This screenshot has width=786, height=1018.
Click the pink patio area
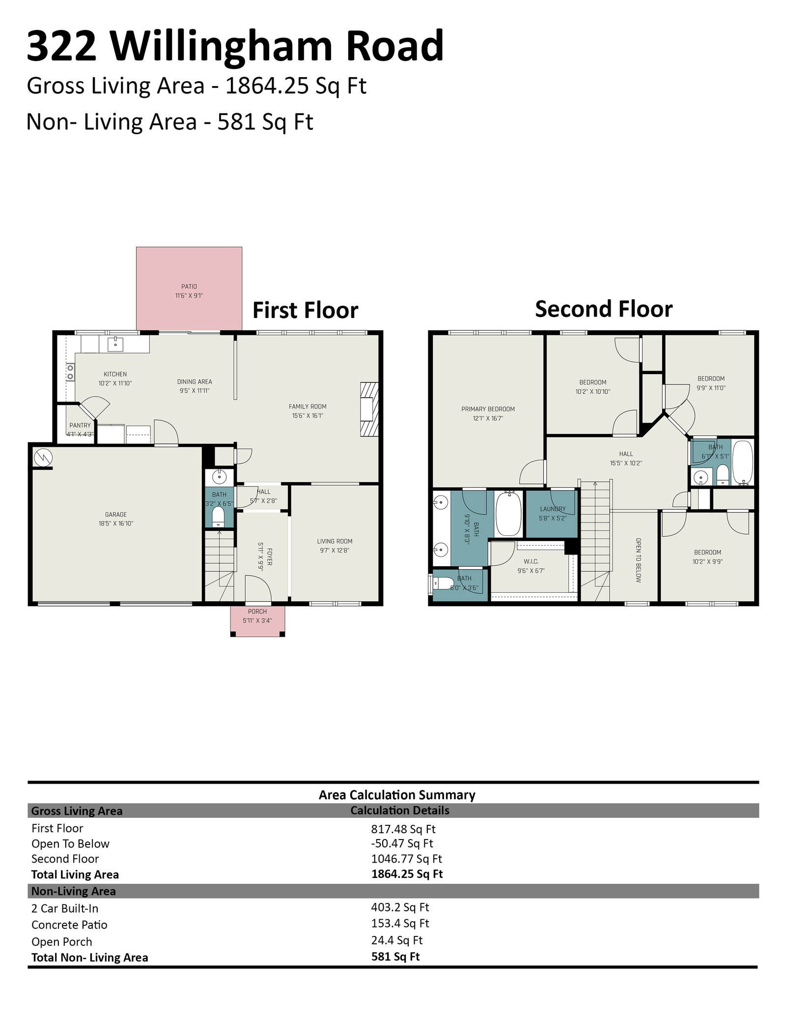point(189,289)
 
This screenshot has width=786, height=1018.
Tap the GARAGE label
point(116,515)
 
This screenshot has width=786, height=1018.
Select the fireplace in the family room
point(370,409)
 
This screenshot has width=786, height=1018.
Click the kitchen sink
point(115,344)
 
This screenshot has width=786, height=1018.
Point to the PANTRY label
point(80,425)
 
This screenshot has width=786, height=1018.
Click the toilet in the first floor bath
point(218,517)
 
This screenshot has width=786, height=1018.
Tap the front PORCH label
point(257,611)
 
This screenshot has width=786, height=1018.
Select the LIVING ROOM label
point(335,541)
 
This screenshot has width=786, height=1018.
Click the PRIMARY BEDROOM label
point(488,409)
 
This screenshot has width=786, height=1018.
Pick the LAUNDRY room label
point(553,509)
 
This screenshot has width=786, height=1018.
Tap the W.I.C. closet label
point(531,561)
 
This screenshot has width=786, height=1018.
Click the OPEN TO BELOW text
point(638,560)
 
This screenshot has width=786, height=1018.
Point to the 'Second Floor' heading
point(604,309)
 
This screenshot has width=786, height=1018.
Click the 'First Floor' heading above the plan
point(305,311)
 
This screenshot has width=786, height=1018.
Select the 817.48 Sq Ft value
point(403,829)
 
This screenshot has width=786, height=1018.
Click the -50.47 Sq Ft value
point(402,843)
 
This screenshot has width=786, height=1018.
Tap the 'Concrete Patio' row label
point(69,925)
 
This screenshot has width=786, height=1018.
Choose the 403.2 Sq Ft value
point(400,907)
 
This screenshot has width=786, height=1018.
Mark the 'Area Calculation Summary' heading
point(397,795)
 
